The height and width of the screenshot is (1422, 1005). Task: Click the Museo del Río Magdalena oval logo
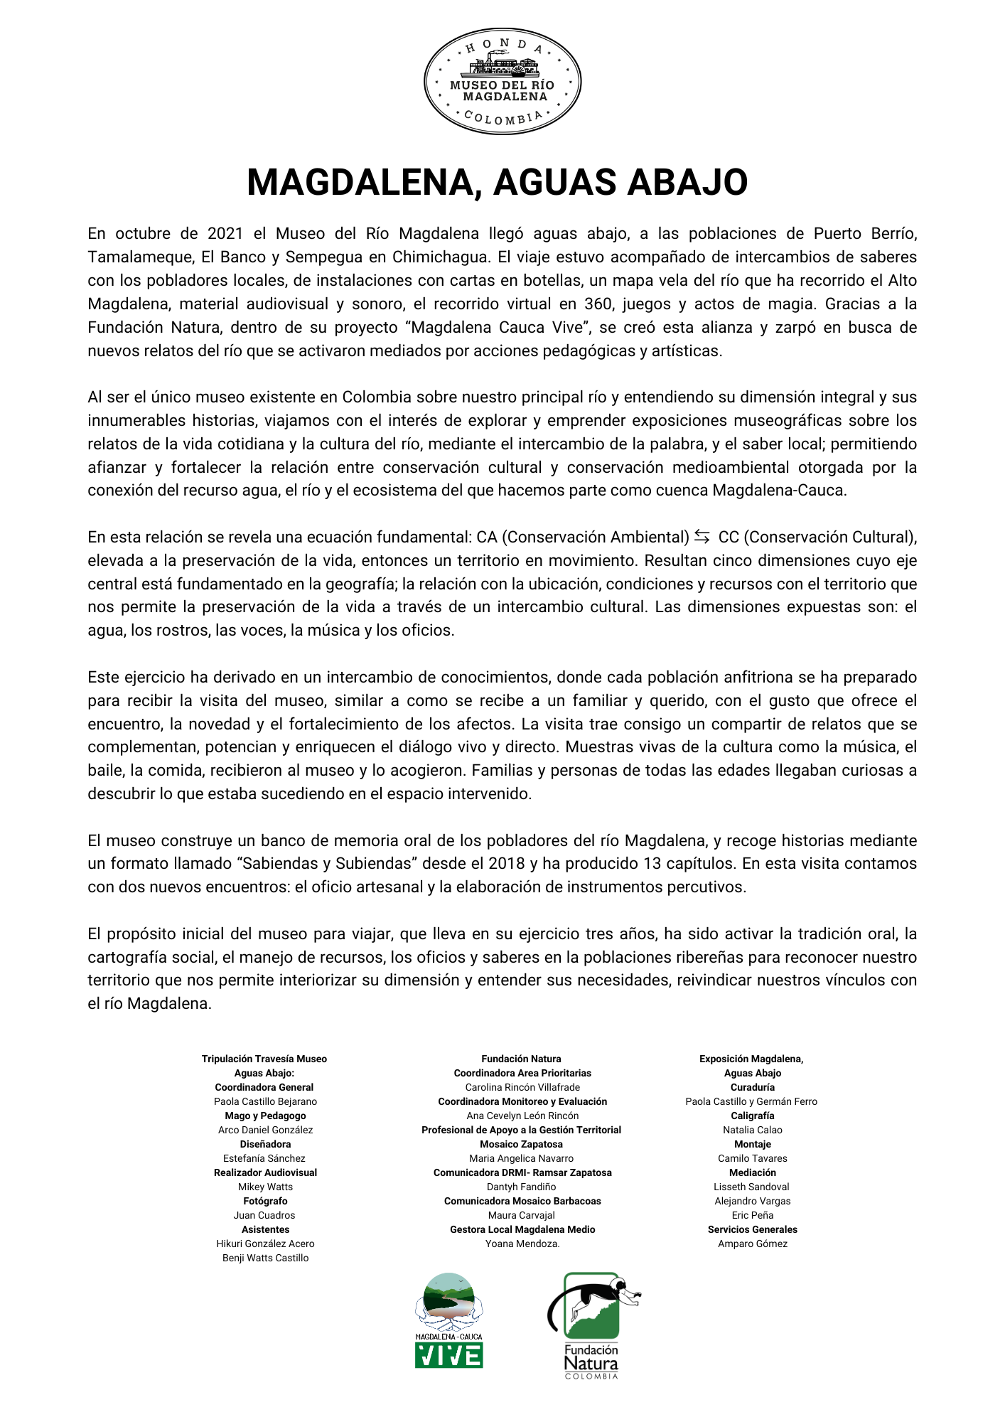[x=502, y=82]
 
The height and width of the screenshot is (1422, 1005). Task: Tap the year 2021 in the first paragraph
[x=226, y=234]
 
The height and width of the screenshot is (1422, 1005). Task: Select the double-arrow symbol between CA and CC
[x=702, y=537]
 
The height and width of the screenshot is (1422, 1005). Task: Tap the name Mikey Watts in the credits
[x=265, y=1187]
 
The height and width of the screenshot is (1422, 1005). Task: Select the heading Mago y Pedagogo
[x=265, y=1116]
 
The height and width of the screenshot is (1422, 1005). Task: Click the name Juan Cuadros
[x=264, y=1215]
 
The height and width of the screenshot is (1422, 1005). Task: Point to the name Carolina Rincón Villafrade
[x=522, y=1087]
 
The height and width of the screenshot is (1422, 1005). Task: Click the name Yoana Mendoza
[x=522, y=1244]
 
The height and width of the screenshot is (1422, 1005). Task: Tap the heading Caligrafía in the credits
[x=752, y=1116]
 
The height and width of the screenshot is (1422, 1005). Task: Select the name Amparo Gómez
[x=752, y=1244]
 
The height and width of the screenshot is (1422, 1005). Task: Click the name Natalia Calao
[x=752, y=1130]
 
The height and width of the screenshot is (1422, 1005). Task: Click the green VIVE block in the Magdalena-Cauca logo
[x=448, y=1355]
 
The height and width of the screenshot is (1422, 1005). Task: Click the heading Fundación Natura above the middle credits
[x=521, y=1059]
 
